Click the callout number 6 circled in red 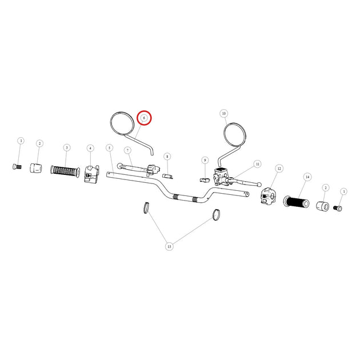(144, 118)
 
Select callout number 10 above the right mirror (224, 113)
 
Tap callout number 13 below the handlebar (169, 247)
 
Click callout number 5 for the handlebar (110, 147)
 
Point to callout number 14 (307, 177)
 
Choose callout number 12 (279, 169)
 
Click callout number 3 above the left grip (67, 147)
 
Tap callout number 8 (167, 157)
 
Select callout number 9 (205, 160)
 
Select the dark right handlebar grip (297, 202)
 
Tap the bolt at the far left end (17, 166)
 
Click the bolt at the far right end (338, 208)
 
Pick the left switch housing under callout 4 (91, 174)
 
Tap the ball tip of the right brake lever (259, 184)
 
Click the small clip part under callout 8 (167, 176)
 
